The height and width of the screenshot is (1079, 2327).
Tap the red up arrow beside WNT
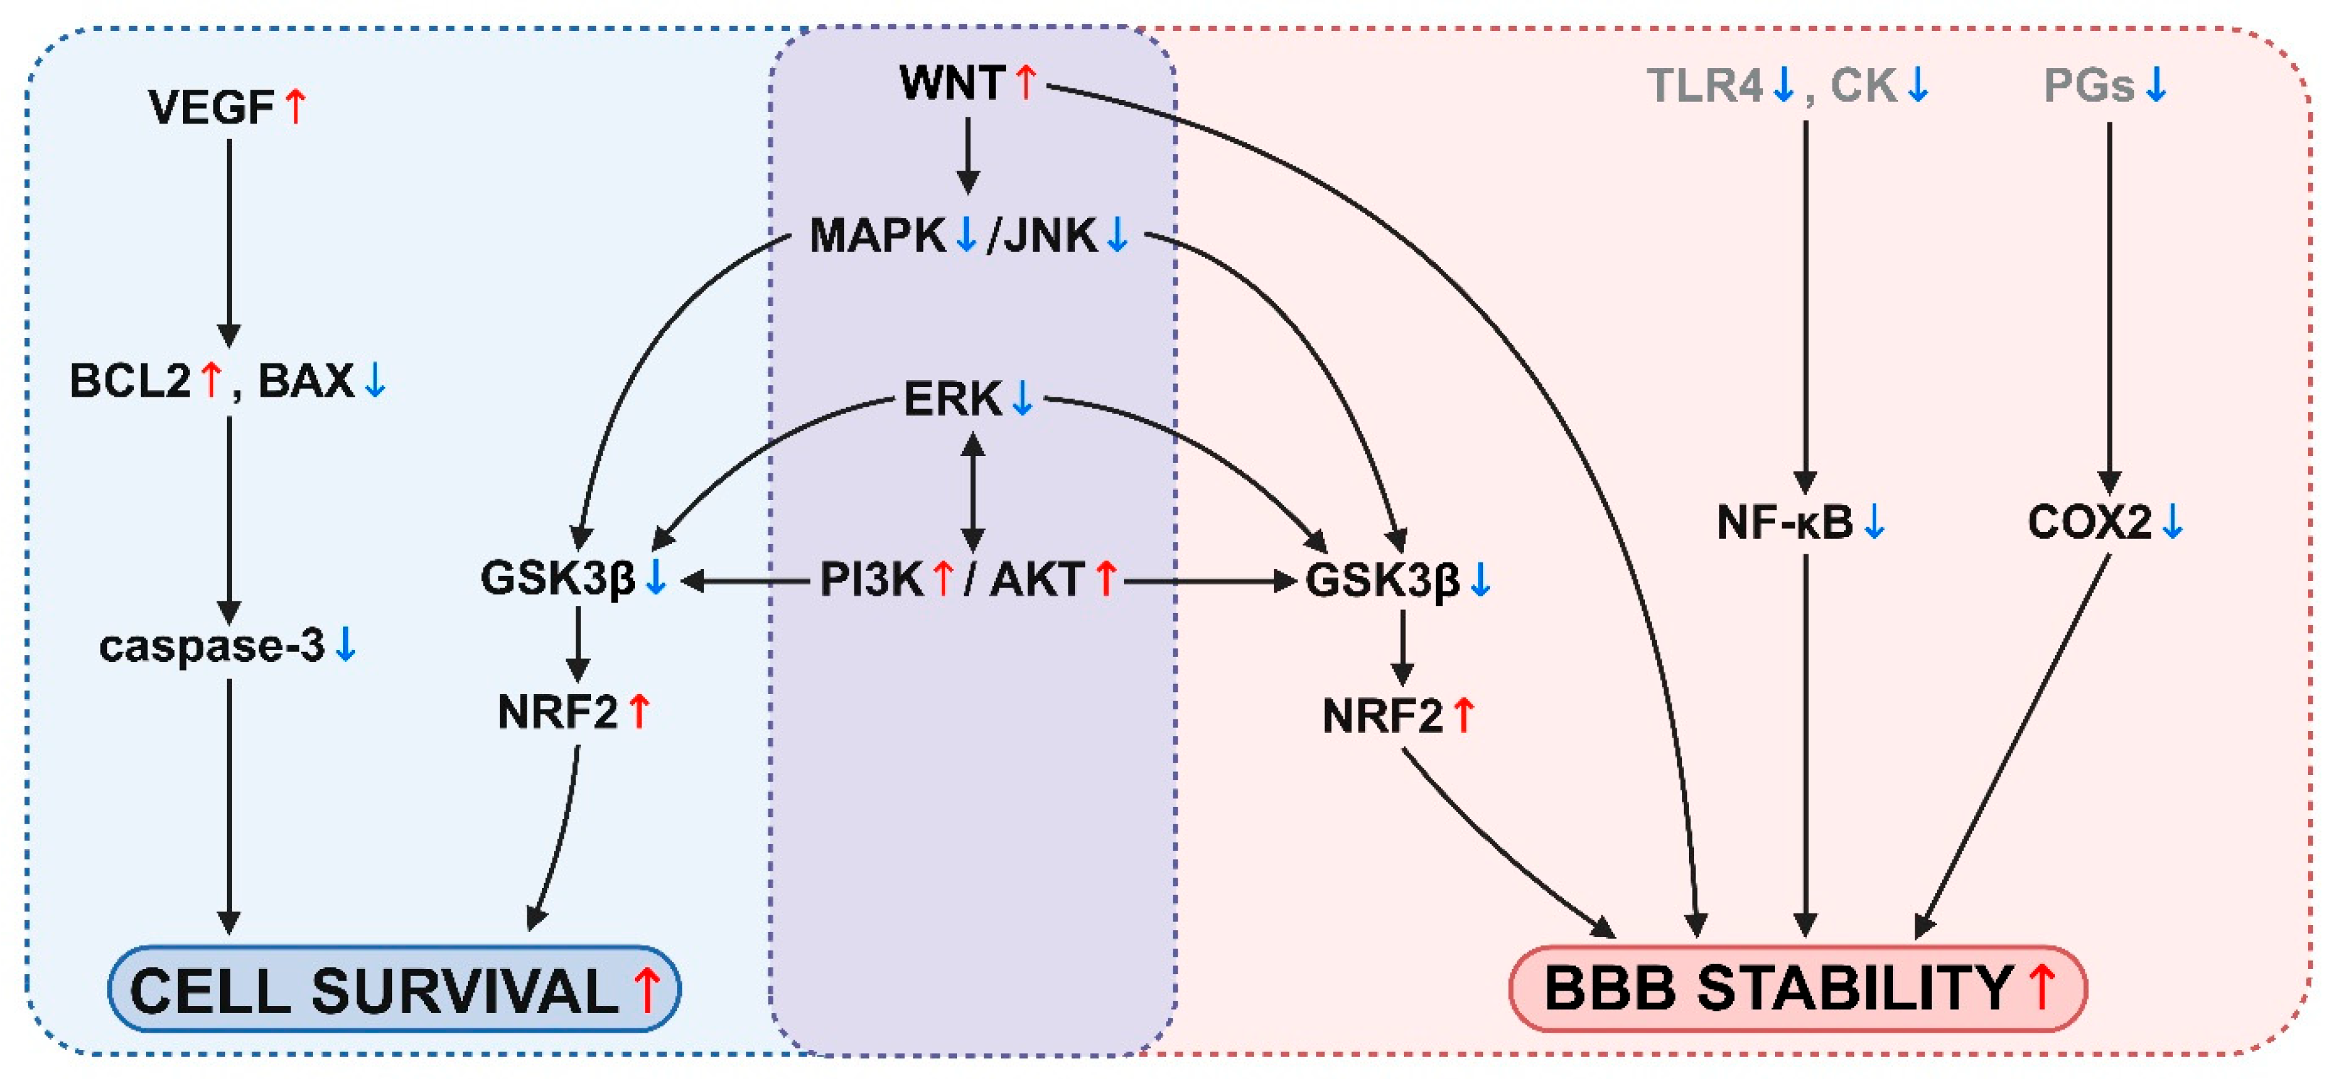1024,83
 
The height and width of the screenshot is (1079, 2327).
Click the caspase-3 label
211,646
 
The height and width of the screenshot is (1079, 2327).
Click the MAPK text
876,235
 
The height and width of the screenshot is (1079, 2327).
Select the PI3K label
871,579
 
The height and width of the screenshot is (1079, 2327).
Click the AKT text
1037,579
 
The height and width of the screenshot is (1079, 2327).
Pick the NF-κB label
1784,522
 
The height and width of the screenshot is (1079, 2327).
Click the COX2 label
2090,522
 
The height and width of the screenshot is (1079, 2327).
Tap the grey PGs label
2088,86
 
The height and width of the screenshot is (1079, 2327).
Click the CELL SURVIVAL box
394,989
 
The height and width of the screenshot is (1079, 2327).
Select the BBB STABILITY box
1798,989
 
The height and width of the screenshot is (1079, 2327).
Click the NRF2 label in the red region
1382,716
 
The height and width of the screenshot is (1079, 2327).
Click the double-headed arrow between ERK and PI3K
972,492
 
